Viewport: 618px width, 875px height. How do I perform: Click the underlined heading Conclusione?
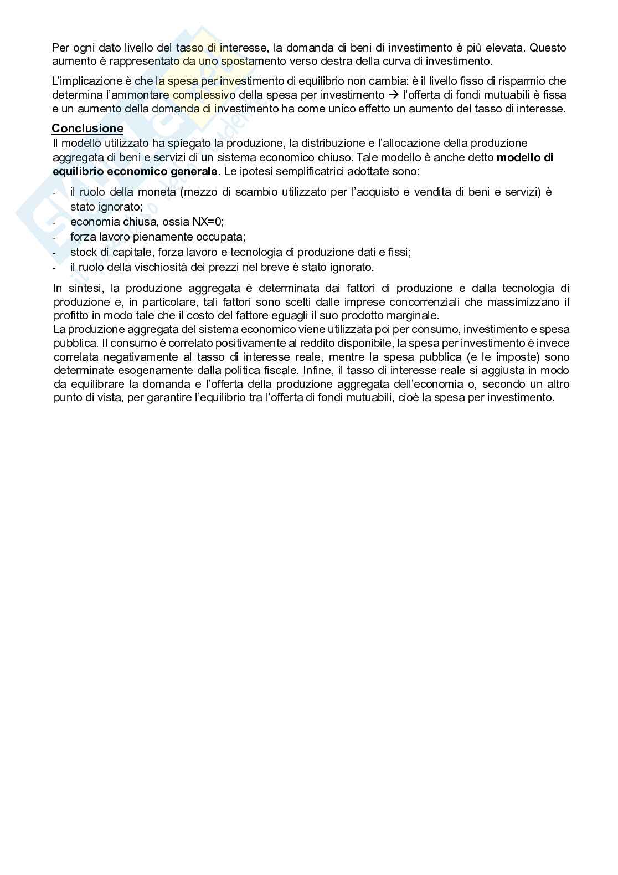(87, 129)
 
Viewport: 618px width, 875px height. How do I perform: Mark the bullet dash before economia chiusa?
(54, 222)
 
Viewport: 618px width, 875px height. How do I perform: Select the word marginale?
(411, 315)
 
